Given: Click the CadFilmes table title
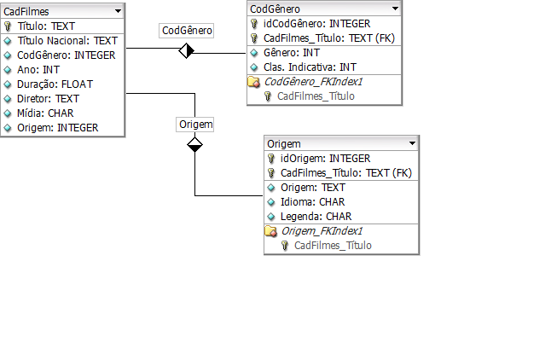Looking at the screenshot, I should click(x=27, y=11).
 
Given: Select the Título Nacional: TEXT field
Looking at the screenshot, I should click(x=67, y=40).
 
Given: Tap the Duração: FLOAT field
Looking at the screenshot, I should click(x=55, y=84).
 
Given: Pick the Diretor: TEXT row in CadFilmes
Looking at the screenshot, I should click(x=48, y=98).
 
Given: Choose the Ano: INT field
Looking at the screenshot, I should click(x=38, y=69).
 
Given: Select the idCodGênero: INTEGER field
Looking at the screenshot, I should click(x=316, y=24).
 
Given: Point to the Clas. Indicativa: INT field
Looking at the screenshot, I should click(x=310, y=67).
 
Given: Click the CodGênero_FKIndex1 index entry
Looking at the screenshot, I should click(x=313, y=82).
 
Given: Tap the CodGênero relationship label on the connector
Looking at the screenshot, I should click(x=187, y=30).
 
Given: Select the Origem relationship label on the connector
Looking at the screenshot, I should click(x=195, y=124).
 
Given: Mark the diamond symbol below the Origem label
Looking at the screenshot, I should click(x=195, y=145).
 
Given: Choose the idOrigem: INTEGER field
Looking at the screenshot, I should click(x=325, y=159).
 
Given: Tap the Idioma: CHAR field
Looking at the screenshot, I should click(x=312, y=202).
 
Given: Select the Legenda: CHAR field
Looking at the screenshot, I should click(x=316, y=217).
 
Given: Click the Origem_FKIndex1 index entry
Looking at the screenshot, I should click(x=322, y=231).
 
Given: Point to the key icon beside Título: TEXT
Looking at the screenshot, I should click(x=9, y=26).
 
